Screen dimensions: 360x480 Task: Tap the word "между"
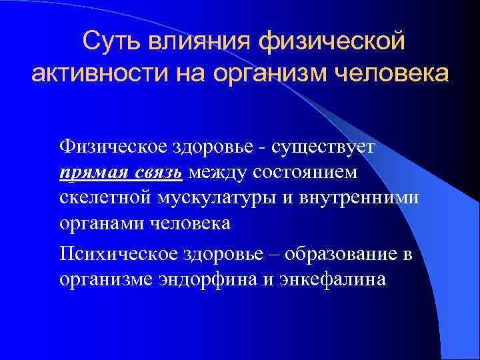coord(217,173)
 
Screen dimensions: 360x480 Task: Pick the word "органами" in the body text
coord(99,224)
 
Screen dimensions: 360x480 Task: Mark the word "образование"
coord(334,253)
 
